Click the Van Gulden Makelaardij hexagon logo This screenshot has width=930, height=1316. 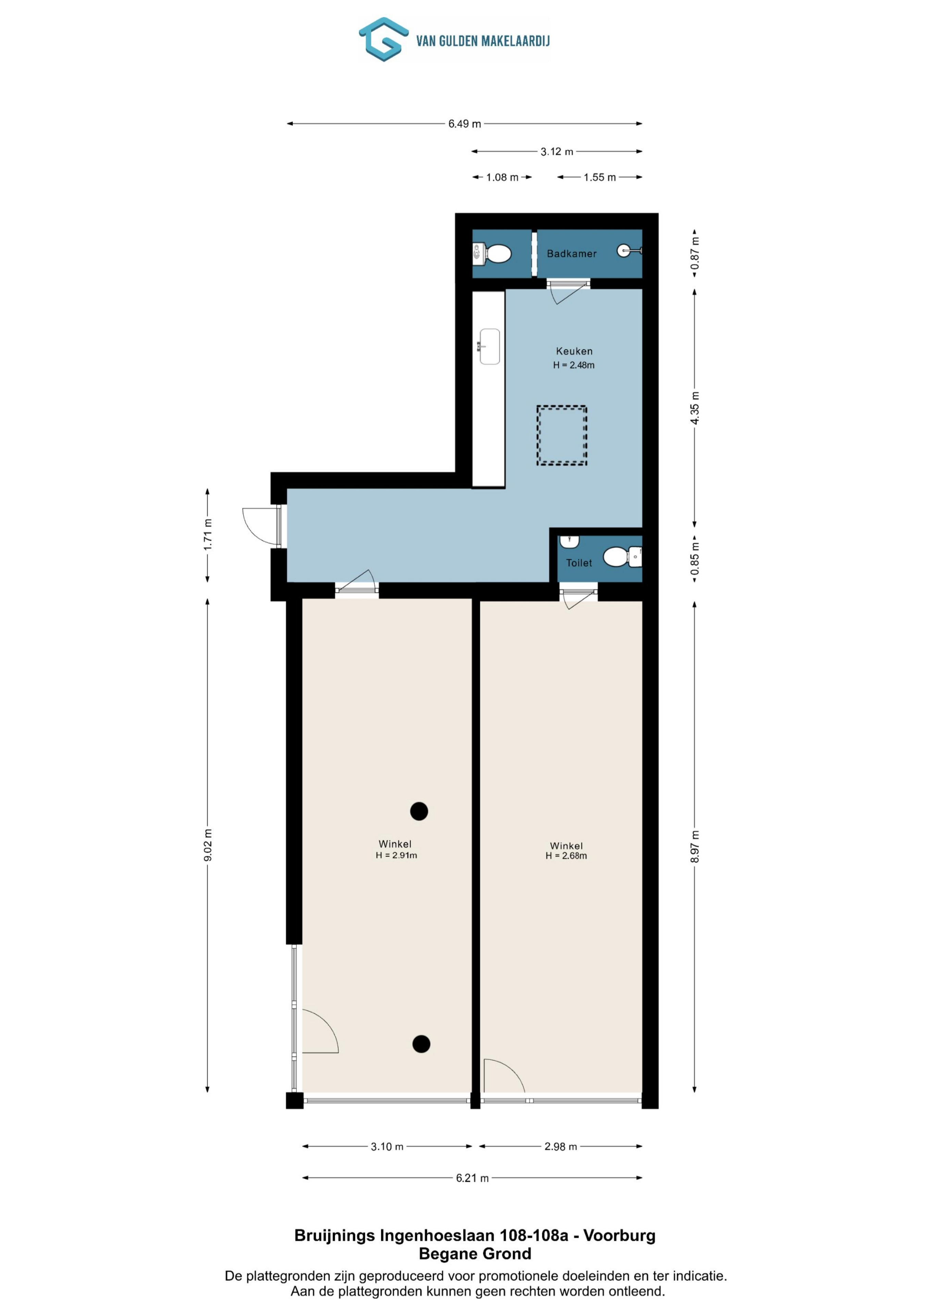pos(383,39)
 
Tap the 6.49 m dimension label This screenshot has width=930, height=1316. pos(464,124)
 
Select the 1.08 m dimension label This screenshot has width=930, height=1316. pos(502,178)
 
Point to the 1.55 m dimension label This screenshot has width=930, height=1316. pos(599,178)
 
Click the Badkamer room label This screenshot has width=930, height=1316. pos(571,253)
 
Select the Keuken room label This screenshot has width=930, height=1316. pos(574,351)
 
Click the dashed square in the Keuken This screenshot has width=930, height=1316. pos(561,435)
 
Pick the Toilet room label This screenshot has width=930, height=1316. pos(579,563)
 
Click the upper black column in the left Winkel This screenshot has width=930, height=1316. pos(419,811)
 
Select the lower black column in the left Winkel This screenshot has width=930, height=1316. pos(421,1044)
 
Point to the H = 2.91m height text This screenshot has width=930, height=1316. pos(396,855)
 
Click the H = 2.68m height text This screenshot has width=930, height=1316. pos(566,856)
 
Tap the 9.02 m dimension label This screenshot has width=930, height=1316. pos(208,845)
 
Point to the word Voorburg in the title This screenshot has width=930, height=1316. pos(619,1235)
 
